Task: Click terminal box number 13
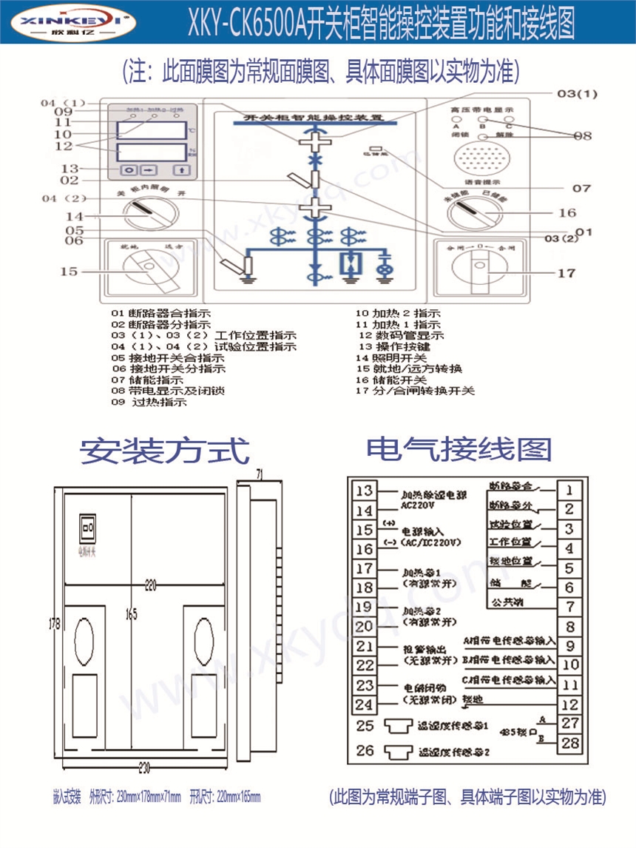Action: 365,491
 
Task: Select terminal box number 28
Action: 569,742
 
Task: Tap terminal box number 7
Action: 569,608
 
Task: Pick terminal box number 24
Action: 365,705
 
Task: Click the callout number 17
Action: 566,273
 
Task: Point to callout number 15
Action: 68,272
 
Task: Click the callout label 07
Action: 581,188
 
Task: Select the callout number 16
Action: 566,213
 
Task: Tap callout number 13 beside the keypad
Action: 70,168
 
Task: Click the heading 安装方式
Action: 165,451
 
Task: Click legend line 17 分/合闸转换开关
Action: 415,390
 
